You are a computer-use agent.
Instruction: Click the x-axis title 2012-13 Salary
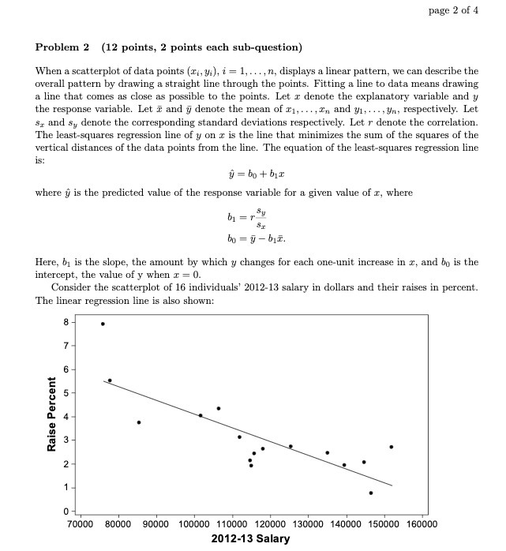click(251, 538)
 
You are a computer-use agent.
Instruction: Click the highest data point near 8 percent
click(103, 324)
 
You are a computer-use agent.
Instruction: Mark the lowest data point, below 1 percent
click(370, 493)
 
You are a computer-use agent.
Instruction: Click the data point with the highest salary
click(391, 447)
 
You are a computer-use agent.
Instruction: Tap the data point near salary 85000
click(139, 422)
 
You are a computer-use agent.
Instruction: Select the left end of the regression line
click(104, 381)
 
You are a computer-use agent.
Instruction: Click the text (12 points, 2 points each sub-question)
click(201, 47)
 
